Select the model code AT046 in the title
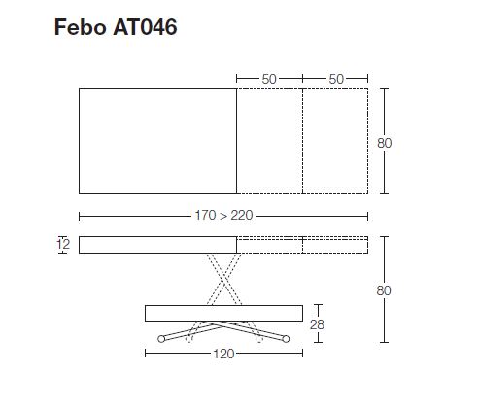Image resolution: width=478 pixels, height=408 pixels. tap(145, 27)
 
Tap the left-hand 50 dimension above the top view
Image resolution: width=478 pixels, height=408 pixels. tap(269, 77)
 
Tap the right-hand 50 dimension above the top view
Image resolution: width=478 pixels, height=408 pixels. tap(335, 77)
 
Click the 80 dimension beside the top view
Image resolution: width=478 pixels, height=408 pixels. tap(385, 143)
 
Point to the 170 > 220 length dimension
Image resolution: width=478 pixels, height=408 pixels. tap(223, 216)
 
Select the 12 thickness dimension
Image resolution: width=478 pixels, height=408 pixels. tap(63, 245)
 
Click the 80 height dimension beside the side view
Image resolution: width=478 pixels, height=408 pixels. tap(385, 289)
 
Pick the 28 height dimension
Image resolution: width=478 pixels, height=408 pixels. tap(317, 324)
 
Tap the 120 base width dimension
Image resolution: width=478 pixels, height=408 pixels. tap(223, 354)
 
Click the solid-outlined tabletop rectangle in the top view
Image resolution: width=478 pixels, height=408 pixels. tap(157, 141)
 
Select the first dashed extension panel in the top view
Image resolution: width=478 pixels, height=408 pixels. tap(269, 141)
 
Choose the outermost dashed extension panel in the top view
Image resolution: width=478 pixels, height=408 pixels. tap(335, 141)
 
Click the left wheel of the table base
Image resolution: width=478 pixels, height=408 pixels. tap(162, 339)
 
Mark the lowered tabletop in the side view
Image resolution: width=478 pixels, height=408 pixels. tap(223, 313)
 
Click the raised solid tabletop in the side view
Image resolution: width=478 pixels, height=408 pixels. tap(157, 245)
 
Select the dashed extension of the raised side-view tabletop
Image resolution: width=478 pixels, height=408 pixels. tap(302, 245)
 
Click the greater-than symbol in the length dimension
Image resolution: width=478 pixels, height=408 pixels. tap(222, 216)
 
